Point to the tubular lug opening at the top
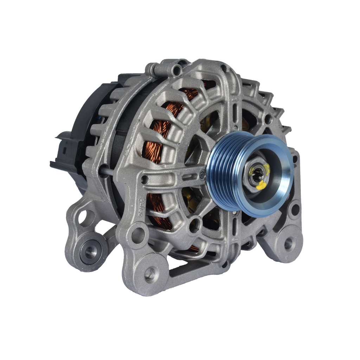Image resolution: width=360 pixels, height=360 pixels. click(x=177, y=71)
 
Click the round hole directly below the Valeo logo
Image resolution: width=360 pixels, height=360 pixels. click(x=138, y=234)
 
